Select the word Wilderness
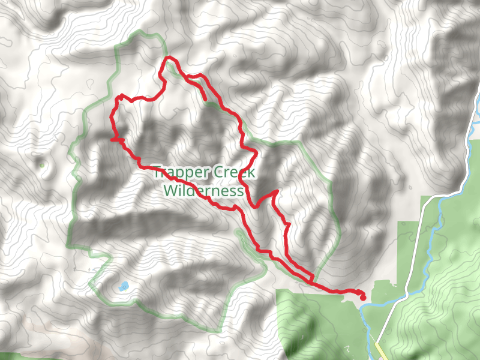(x=204, y=191)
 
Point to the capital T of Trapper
(x=157, y=173)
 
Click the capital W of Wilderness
(x=170, y=191)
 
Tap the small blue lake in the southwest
(x=123, y=286)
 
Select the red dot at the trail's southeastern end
(x=363, y=297)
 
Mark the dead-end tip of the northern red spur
(x=206, y=99)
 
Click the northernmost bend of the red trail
(x=170, y=58)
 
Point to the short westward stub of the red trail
(x=113, y=139)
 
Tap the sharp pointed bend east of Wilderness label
(x=277, y=191)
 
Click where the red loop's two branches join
(x=311, y=280)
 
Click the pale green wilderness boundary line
(x=75, y=180)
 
